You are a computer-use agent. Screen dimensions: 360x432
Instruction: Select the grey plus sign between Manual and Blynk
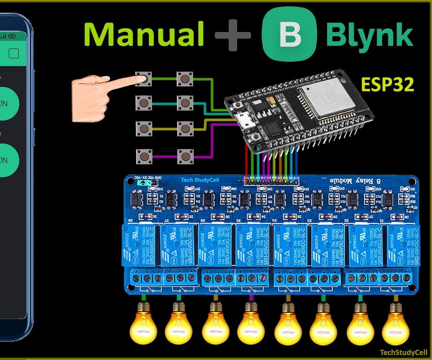233,35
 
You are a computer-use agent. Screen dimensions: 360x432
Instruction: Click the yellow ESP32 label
387,85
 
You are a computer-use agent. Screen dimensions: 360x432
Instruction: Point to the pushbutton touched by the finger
144,79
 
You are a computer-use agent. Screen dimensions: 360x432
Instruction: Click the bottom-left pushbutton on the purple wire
144,156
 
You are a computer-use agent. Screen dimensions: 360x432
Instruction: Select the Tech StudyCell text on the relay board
200,180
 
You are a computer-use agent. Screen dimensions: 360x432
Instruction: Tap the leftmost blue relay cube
140,245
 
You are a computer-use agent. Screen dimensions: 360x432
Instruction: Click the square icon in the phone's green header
14,53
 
